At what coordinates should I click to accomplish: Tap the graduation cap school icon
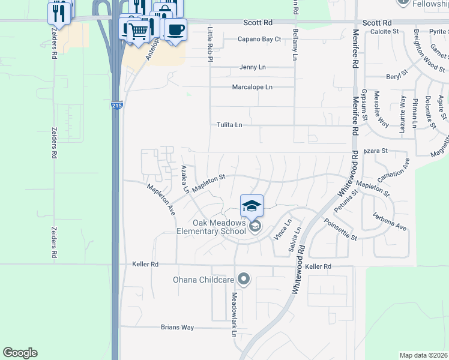252,206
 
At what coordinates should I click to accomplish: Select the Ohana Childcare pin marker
244,279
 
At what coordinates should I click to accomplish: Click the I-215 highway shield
117,106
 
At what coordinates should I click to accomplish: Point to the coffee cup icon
175,30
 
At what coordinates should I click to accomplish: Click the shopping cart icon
139,31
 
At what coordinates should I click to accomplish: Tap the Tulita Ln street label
229,125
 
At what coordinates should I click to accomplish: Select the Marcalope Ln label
252,87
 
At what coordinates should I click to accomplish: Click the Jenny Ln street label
252,67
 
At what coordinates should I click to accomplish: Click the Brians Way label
177,328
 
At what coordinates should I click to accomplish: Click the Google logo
20,353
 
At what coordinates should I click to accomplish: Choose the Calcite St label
384,31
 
